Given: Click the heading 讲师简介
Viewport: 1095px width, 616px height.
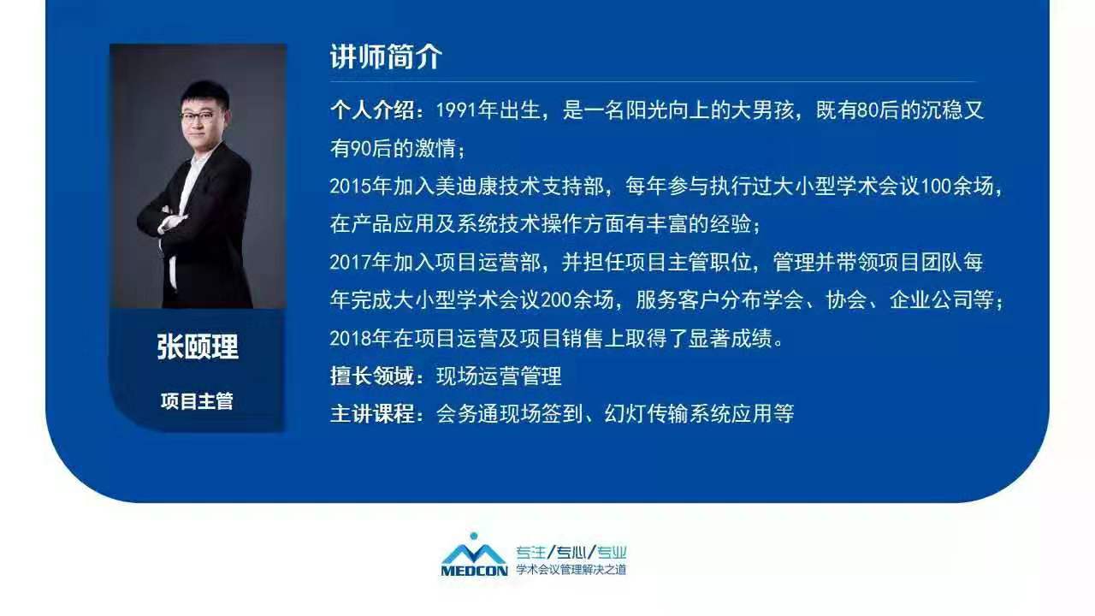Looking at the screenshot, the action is (x=386, y=56).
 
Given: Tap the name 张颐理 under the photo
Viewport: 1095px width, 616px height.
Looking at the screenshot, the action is (x=198, y=346).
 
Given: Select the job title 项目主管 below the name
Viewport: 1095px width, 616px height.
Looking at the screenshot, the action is (x=197, y=401).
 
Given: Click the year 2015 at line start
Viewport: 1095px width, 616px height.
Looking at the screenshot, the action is (x=350, y=187).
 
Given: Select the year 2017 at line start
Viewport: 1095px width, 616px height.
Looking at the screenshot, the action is (x=350, y=263).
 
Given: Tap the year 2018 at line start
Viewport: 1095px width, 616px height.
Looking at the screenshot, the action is (x=350, y=338).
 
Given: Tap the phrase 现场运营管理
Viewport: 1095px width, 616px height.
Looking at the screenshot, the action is (x=499, y=376).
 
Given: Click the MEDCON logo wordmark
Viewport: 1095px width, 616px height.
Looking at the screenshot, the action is (x=474, y=571).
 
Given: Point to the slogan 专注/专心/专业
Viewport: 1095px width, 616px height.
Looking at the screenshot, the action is (x=571, y=553).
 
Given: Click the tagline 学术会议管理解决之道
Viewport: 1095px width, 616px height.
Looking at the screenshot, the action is (x=571, y=570).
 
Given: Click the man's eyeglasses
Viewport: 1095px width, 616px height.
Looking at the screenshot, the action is (x=198, y=116).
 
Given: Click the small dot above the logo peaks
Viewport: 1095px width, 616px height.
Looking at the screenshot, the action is (x=473, y=536).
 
